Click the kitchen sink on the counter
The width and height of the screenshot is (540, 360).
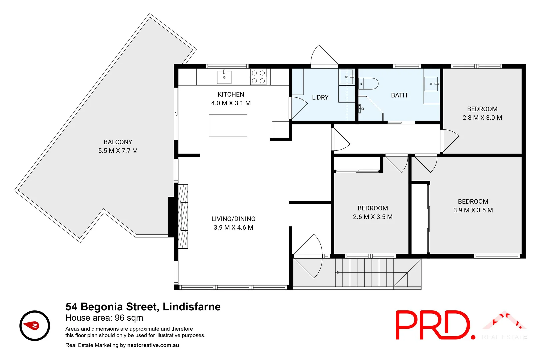click(x=224, y=77)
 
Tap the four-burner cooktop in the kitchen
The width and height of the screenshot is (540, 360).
click(x=258, y=77)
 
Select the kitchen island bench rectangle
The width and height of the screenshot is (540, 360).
click(x=228, y=126)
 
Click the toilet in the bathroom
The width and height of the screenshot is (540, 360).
click(x=370, y=83)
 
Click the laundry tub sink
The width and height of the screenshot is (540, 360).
click(x=346, y=77)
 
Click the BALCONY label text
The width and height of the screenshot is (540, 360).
click(x=118, y=142)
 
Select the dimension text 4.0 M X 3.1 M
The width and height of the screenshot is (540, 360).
click(x=231, y=103)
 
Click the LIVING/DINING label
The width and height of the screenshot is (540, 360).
click(x=233, y=219)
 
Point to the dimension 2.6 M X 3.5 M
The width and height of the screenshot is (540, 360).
click(x=373, y=217)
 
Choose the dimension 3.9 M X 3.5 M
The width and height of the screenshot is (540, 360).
click(x=473, y=210)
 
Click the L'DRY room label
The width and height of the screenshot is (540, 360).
click(x=320, y=97)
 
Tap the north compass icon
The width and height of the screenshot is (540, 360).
click(x=35, y=326)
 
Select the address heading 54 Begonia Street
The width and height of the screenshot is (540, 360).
click(x=143, y=307)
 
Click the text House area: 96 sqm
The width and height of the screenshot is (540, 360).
click(x=104, y=318)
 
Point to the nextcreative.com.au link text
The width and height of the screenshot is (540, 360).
click(x=153, y=345)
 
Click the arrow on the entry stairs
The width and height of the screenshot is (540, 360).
click(x=338, y=273)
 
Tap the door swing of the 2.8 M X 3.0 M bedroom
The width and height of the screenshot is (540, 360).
click(x=450, y=140)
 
